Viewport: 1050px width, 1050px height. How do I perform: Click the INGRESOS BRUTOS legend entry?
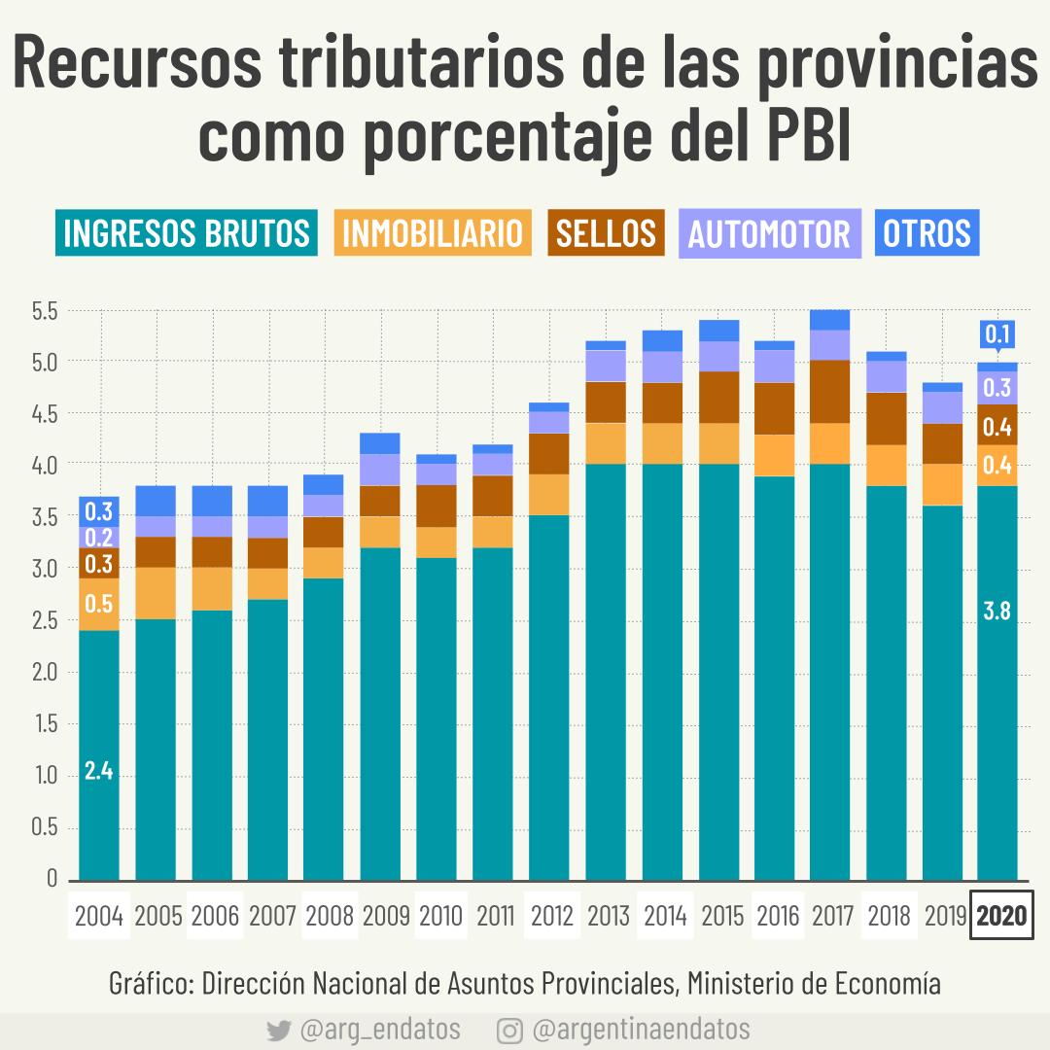pos(186,233)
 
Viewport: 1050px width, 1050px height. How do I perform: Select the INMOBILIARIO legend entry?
pos(433,233)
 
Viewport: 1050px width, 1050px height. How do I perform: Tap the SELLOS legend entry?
pos(605,233)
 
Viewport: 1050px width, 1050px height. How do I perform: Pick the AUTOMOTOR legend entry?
pos(769,234)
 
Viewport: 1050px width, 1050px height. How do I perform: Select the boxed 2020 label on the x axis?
pos(1001,916)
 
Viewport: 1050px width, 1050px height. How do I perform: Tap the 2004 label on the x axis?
pos(99,916)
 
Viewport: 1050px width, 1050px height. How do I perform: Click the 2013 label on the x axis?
pos(609,916)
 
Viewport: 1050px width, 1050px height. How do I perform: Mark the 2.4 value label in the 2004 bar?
pos(98,772)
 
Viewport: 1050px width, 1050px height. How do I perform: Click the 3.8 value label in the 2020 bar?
pos(997,612)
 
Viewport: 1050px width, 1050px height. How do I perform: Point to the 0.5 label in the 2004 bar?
pos(98,604)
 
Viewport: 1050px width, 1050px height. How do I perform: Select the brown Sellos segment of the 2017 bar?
pos(829,392)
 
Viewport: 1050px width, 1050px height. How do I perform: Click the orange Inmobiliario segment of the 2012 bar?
pos(548,495)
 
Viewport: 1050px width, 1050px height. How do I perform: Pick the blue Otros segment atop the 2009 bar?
pos(379,443)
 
